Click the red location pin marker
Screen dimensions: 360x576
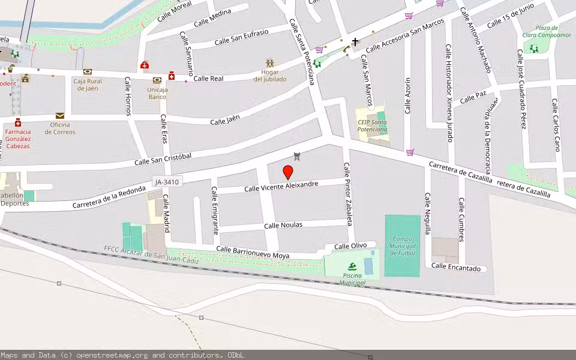click(288, 172)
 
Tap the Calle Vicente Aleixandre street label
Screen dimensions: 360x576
click(281, 187)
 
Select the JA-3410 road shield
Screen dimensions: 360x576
click(166, 181)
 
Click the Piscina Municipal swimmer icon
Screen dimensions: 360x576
click(352, 266)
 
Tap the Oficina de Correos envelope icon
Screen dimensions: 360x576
click(60, 116)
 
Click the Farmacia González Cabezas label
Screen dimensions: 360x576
click(17, 139)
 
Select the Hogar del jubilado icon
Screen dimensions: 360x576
click(270, 62)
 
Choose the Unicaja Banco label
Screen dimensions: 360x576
click(157, 93)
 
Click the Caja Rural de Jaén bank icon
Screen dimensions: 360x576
click(88, 72)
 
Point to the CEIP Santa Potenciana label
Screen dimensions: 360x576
click(372, 126)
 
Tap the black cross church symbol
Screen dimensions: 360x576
click(355, 42)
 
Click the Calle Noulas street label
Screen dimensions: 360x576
click(283, 225)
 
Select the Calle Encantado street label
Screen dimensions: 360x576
click(456, 268)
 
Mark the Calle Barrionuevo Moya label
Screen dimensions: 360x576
click(253, 253)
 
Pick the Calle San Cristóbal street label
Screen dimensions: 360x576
click(163, 159)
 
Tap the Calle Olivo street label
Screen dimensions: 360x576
click(350, 246)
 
